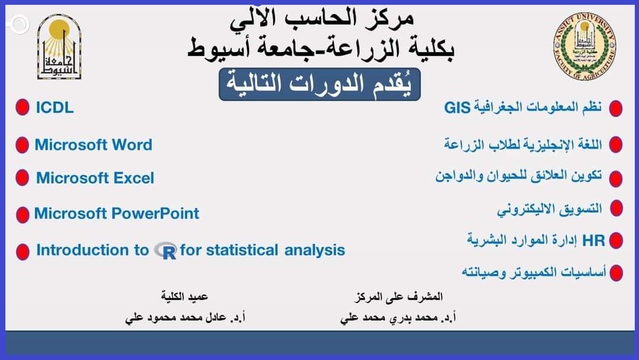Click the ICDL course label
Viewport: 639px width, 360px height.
click(54, 108)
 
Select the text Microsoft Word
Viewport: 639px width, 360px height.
click(93, 144)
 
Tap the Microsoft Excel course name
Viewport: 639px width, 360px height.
click(95, 178)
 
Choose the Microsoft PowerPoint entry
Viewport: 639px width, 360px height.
click(117, 213)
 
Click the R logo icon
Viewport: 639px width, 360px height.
click(166, 250)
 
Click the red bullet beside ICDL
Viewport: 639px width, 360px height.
click(22, 107)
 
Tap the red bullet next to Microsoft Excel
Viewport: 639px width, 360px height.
click(22, 178)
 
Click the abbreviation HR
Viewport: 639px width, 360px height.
click(593, 240)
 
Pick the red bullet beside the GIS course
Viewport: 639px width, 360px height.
click(616, 108)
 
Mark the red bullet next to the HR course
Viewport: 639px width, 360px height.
click(616, 240)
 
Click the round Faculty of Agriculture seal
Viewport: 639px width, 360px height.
click(585, 46)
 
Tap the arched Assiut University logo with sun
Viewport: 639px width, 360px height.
click(60, 46)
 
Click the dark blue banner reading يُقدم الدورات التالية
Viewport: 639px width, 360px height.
click(319, 85)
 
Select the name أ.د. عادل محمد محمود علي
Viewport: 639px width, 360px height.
click(185, 317)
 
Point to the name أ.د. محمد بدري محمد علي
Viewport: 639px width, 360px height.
click(398, 317)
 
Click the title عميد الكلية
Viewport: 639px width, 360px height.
click(185, 297)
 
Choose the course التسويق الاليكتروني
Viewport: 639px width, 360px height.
click(549, 209)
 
